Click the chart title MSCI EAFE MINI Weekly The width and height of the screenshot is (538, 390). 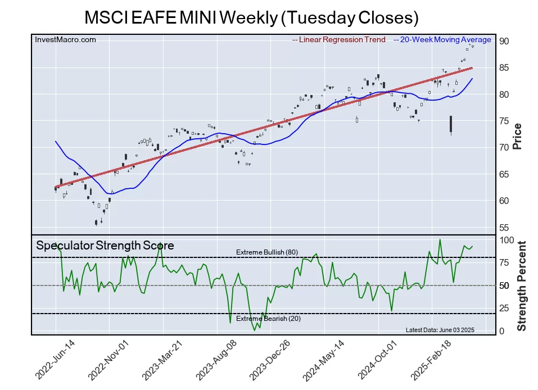251,17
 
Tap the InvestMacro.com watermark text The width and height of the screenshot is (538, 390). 65,39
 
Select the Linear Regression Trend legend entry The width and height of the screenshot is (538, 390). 339,40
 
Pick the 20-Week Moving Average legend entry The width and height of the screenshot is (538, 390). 442,40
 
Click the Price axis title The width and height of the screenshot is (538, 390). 517,136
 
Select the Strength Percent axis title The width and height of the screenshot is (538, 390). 522,285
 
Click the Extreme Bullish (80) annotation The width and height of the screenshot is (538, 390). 267,252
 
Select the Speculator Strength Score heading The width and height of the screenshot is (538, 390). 105,246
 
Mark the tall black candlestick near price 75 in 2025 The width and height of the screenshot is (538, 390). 451,124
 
